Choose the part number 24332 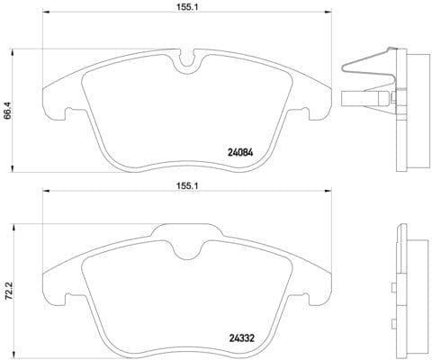click(x=237, y=339)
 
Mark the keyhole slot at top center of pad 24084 click(x=188, y=62)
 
